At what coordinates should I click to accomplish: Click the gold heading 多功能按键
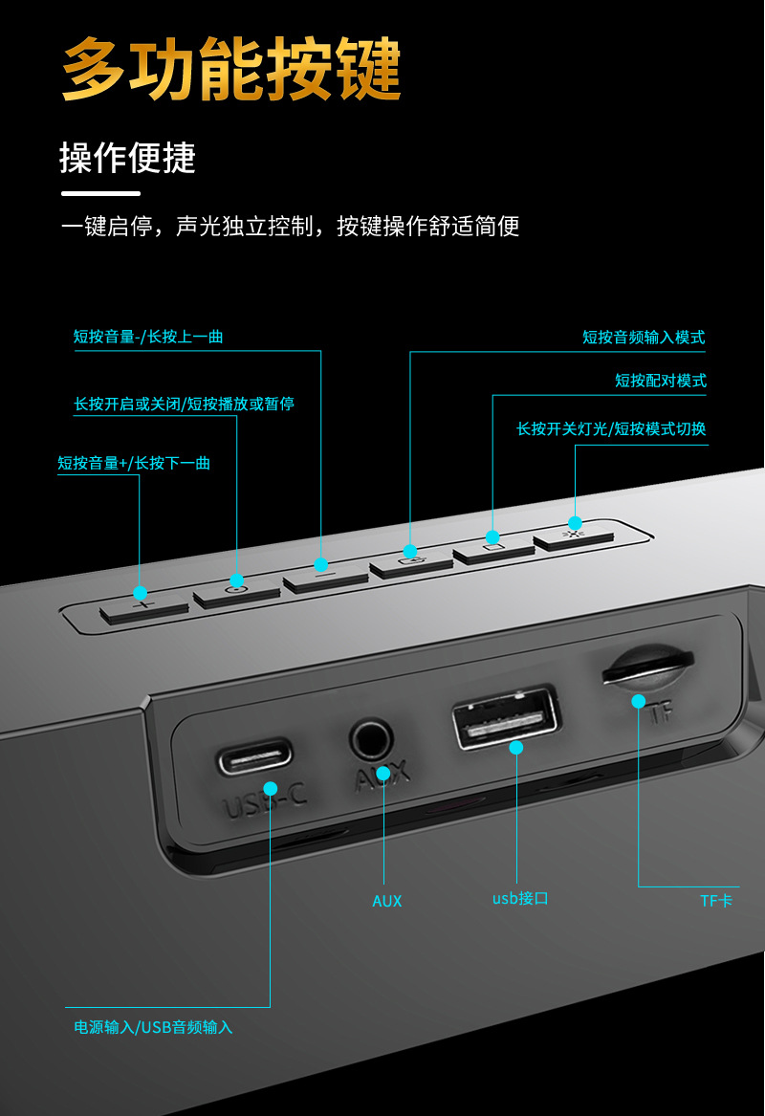231,69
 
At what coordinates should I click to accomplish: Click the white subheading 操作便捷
127,158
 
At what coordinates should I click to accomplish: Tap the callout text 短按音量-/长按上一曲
148,337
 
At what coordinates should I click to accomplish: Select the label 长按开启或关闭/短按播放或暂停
185,405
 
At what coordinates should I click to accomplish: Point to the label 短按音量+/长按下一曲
134,464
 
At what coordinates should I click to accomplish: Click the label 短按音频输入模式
644,338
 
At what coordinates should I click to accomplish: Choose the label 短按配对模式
660,381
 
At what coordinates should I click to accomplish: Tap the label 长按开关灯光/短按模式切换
611,429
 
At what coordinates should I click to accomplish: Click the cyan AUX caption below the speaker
387,901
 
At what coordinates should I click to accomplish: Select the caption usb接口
520,899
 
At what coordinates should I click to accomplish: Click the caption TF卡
716,901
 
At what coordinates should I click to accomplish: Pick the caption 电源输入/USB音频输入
154,1027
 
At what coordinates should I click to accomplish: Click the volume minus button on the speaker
324,577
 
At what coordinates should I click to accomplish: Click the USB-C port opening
255,756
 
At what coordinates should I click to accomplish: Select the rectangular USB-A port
506,717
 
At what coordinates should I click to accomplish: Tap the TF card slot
647,666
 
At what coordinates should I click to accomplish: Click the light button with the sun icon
574,536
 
